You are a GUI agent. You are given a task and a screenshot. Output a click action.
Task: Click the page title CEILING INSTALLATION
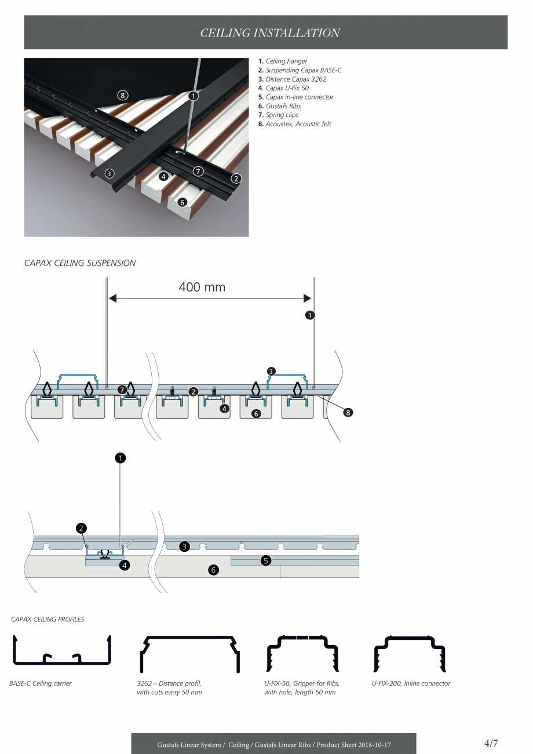pos(270,33)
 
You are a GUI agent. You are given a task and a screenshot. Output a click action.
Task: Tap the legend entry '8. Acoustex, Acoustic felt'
pos(295,124)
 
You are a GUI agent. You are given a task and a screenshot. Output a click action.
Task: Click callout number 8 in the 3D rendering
pos(122,95)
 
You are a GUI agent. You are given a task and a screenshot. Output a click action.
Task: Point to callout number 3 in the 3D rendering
pos(109,173)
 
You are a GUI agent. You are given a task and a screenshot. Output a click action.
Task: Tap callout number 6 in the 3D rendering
pos(182,202)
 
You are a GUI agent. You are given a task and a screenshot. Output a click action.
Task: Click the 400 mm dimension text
pos(202,287)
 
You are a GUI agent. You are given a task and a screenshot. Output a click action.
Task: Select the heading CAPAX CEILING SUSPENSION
pos(80,263)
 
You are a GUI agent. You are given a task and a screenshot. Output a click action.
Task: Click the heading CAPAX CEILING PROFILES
pos(48,620)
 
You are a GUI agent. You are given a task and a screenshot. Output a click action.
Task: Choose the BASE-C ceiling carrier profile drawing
pos(61,652)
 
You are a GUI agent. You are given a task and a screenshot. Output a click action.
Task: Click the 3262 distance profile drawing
pos(189,653)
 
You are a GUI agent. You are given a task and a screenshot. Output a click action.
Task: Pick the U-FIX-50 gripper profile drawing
pos(302,653)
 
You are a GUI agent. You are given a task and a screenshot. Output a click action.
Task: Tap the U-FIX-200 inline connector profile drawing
pos(410,653)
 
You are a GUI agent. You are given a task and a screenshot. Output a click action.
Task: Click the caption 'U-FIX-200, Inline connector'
pos(411,683)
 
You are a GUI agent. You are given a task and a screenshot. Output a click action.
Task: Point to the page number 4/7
pos(491,744)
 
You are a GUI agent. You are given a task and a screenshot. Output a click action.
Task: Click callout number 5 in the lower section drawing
pos(266,560)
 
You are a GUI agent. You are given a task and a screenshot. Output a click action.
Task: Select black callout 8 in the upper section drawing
pos(348,413)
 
